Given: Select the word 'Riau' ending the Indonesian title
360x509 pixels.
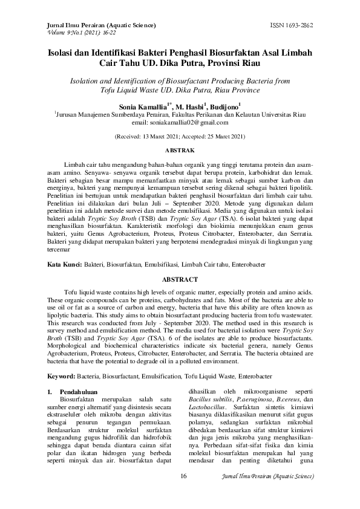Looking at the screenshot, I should point(250,62).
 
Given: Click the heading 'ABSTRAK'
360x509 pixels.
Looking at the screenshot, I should point(180,149).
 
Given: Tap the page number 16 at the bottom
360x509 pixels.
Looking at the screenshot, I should point(184,476).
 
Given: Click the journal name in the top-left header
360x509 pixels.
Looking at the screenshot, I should point(101,26).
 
